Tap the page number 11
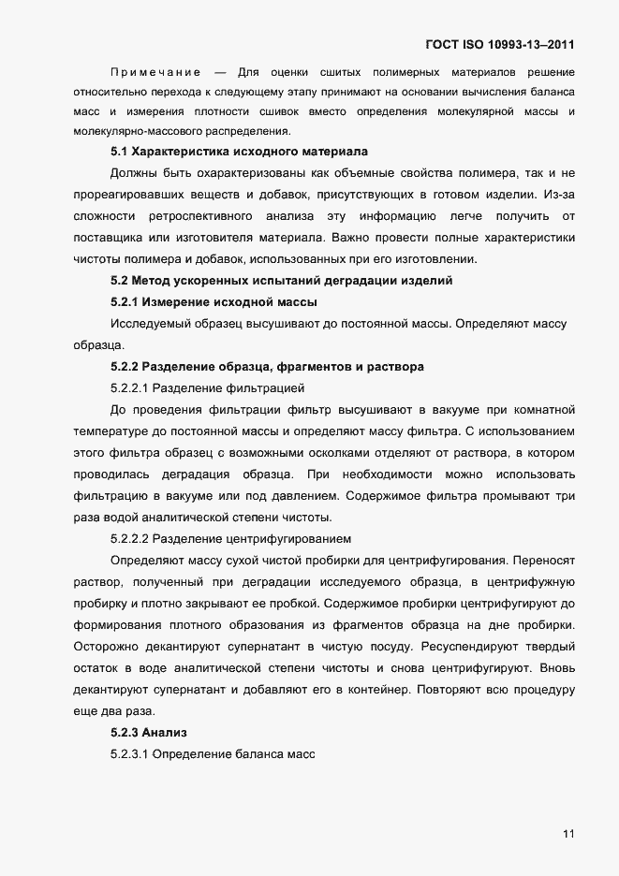click(x=568, y=834)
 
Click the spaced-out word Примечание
click(x=155, y=72)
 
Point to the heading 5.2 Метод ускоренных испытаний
click(x=281, y=281)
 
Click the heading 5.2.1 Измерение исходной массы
click(x=214, y=302)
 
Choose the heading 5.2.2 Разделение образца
click(x=267, y=367)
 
